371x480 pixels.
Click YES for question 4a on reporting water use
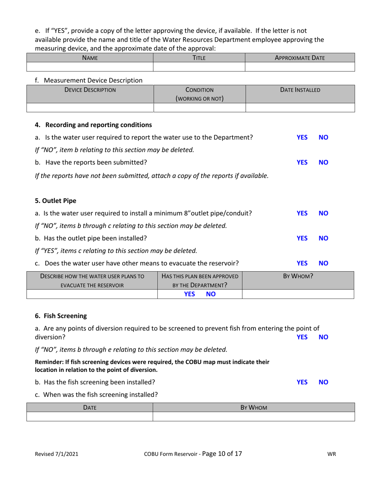tap(302, 137)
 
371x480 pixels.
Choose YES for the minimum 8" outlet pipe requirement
tap(302, 213)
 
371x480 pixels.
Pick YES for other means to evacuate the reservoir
tap(302, 263)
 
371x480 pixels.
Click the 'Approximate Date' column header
tap(300, 58)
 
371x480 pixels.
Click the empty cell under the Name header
tap(89, 67)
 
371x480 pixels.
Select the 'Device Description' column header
tap(90, 90)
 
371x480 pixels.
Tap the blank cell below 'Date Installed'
tap(300, 108)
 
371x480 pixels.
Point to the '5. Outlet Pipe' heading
tap(56, 201)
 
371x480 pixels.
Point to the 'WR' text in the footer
tap(332, 454)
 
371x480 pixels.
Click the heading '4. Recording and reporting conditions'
tap(93, 125)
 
